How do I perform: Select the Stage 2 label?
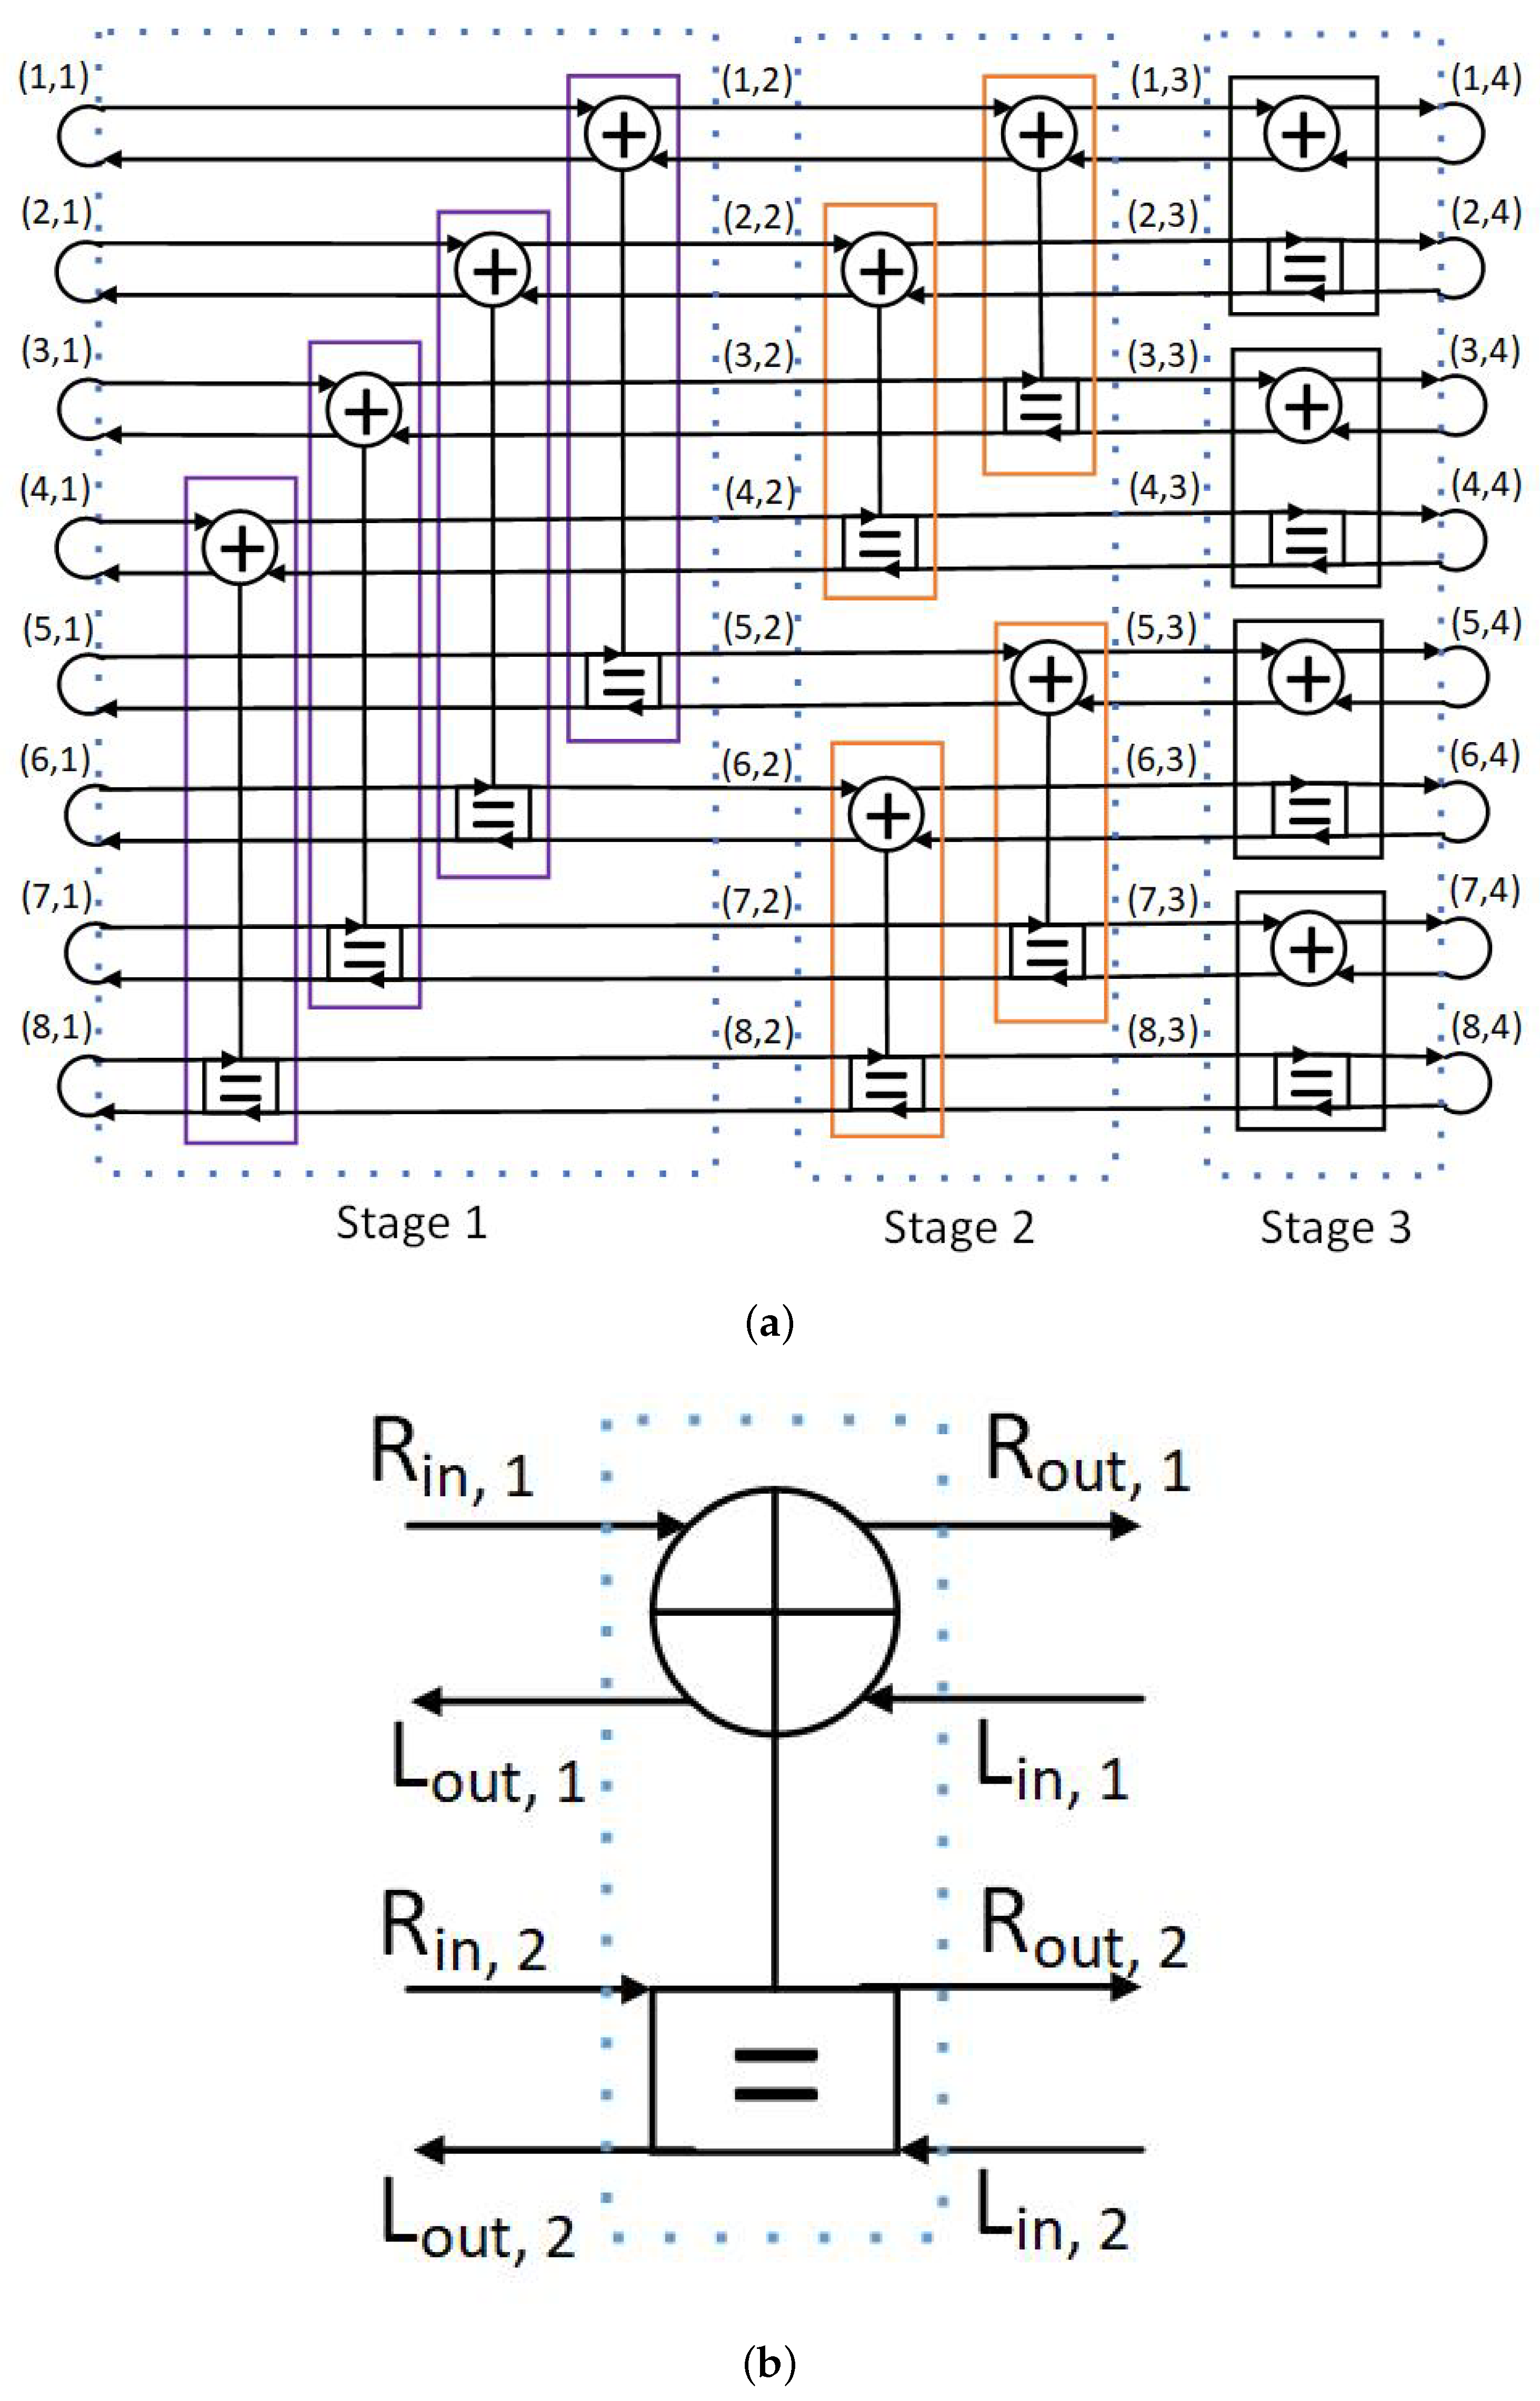click(x=958, y=1227)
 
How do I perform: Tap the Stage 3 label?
click(x=1335, y=1227)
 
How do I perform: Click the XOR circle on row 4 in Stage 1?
click(x=240, y=548)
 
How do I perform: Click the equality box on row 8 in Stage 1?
click(x=240, y=1085)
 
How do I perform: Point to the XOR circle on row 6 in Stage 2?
click(x=886, y=815)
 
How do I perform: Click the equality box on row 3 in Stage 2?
click(x=1041, y=406)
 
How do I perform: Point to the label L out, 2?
click(x=478, y=2220)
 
